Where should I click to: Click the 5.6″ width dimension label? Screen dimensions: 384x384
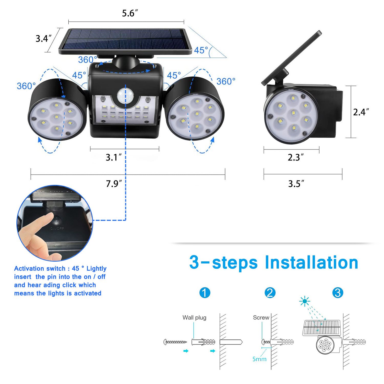coord(130,13)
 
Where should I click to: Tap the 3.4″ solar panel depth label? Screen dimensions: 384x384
coord(44,38)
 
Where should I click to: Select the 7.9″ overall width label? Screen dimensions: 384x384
coord(114,184)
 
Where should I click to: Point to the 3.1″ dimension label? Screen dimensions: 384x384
coord(113,157)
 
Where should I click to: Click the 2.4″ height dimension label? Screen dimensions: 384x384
coord(361,112)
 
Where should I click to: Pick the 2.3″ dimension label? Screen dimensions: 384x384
coord(295,157)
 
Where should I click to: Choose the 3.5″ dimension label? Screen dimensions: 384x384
coord(296,184)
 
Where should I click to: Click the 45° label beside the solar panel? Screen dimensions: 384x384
coord(201,50)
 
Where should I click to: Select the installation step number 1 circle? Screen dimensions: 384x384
coord(205,293)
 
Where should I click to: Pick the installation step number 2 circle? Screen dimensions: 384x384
coord(270,293)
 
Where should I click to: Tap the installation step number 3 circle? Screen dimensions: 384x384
coord(337,293)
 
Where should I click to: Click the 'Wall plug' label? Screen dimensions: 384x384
coord(194,317)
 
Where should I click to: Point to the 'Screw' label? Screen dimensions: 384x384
coord(261,317)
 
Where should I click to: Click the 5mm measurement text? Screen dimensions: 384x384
coord(259,359)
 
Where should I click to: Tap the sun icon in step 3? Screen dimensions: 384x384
coord(305,301)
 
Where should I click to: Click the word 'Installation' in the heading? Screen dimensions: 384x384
coord(311,263)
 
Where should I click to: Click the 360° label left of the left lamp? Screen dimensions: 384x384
coord(26,86)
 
